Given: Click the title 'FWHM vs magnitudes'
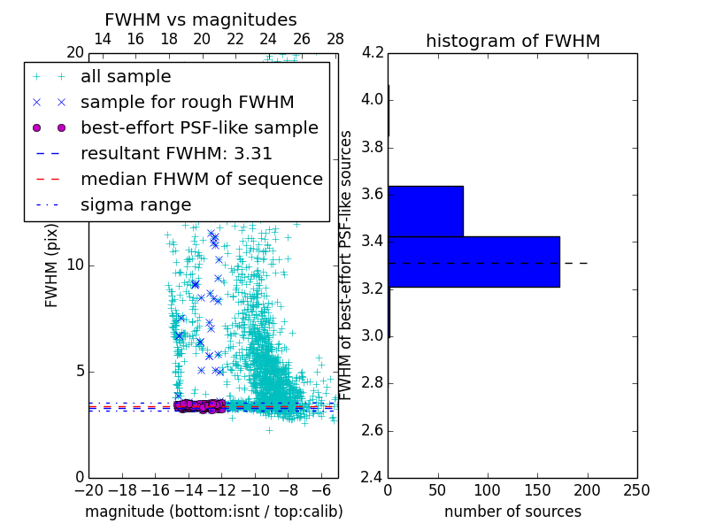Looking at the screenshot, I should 201,20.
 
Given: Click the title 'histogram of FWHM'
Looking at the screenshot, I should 512,41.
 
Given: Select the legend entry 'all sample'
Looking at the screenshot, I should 126,77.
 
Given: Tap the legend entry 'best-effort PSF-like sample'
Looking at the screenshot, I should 199,128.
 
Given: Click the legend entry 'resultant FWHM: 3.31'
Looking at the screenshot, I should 176,154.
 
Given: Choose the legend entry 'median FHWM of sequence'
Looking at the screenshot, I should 201,180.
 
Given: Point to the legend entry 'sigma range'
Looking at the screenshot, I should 135,205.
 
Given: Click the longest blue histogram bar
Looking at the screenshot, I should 473,262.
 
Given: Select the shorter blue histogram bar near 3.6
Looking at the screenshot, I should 425,212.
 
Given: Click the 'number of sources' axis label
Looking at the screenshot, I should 512,512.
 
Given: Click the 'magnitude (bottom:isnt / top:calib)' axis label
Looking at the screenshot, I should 213,512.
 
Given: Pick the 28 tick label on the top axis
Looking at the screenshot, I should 335,39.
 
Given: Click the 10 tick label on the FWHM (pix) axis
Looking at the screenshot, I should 76,265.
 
